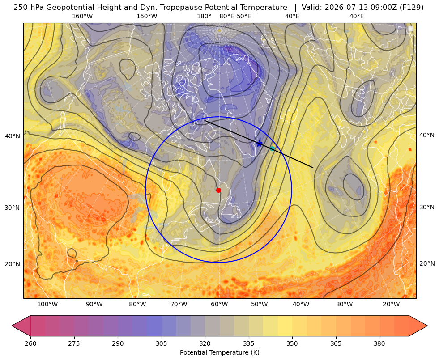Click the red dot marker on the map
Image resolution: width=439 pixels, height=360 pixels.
(x=219, y=190)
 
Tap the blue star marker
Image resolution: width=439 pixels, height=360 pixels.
(x=260, y=144)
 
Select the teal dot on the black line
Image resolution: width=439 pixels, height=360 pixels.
(x=272, y=148)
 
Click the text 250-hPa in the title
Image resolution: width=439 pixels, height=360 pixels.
(x=29, y=8)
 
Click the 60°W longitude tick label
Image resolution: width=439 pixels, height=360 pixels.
(x=219, y=305)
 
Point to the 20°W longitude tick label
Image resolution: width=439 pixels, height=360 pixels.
(x=391, y=305)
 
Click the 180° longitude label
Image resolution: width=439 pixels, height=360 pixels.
(x=204, y=17)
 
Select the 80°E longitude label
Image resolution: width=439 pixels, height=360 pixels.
(x=227, y=17)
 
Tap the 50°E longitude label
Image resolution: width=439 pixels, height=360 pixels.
(x=244, y=17)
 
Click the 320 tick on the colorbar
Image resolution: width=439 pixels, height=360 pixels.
(x=205, y=343)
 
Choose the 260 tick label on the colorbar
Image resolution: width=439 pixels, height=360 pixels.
(x=30, y=343)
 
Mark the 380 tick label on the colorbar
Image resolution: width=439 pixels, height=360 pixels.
(x=379, y=343)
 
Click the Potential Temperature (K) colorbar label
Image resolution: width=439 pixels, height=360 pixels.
(x=219, y=352)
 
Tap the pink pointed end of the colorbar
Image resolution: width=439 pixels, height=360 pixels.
(x=21, y=326)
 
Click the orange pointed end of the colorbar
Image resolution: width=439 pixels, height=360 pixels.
(x=418, y=326)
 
